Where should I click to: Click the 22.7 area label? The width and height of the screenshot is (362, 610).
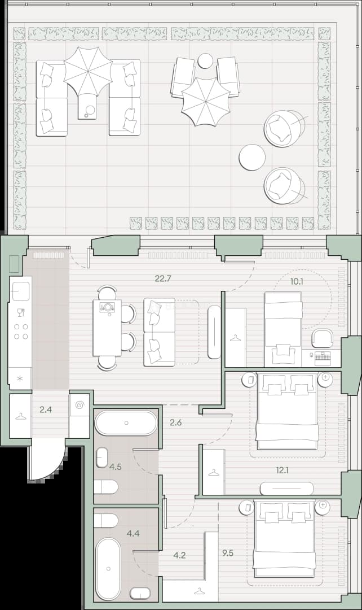coord(163,278)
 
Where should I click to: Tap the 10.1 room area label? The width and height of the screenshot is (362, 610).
coord(297,281)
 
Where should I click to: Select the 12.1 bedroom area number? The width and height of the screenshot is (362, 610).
coord(282,470)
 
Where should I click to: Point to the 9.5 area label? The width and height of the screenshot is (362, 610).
coord(228,553)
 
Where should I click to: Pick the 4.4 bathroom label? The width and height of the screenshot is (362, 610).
coord(133,533)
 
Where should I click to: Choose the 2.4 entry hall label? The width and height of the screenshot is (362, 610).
coord(46,409)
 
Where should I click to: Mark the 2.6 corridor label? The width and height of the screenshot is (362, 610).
coord(176,422)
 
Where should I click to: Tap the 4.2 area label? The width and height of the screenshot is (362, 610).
coord(179,555)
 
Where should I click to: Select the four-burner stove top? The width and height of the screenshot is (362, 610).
coord(21,332)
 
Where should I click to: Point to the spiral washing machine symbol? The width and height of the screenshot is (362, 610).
coord(80,405)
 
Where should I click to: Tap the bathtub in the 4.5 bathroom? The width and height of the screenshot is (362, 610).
coord(126,422)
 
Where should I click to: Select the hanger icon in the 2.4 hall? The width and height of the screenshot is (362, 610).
coord(20,417)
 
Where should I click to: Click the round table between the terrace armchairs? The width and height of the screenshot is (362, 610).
coord(252,157)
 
